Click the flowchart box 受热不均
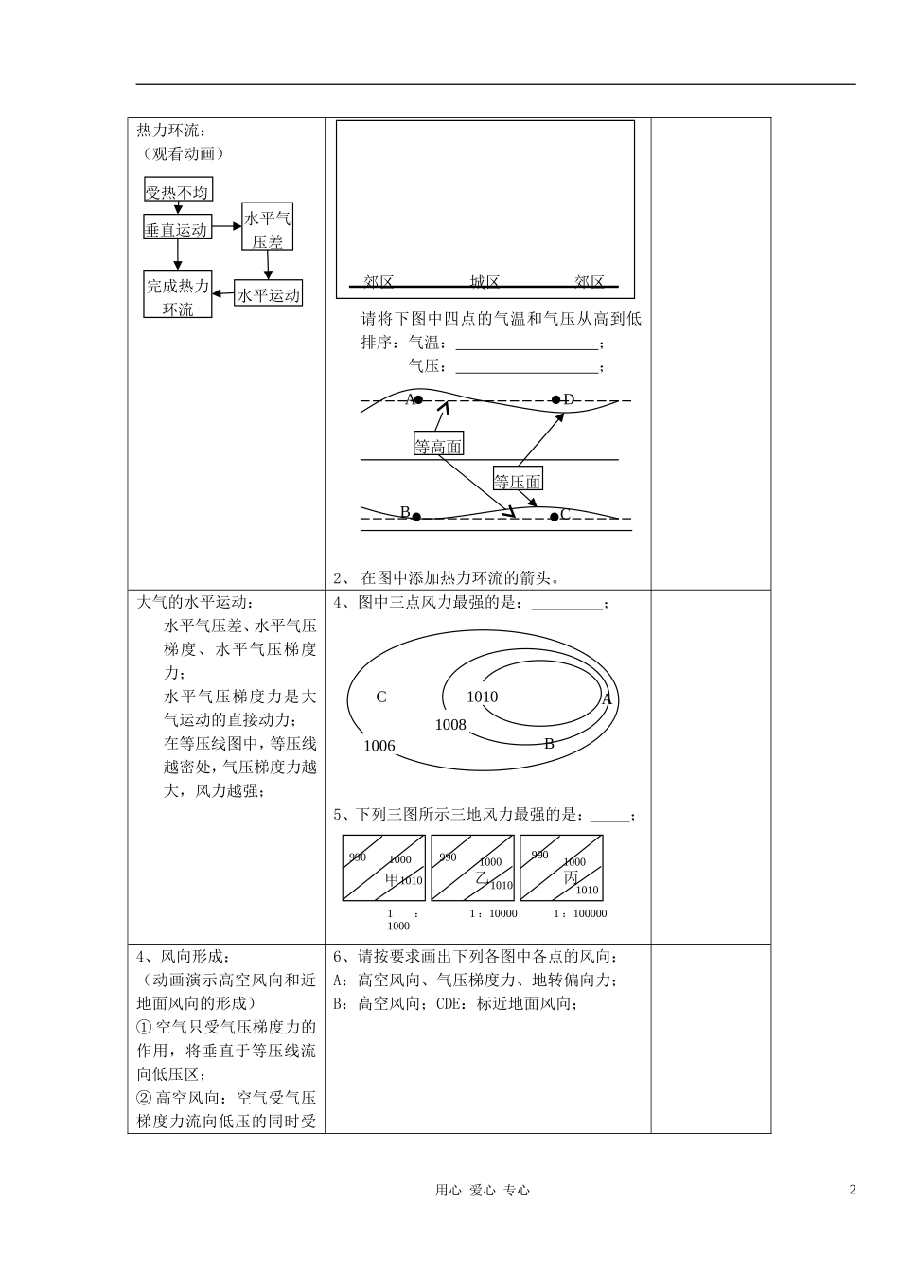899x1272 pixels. [x=177, y=192]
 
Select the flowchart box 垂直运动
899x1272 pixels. [x=176, y=229]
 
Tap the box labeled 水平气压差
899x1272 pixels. [x=268, y=229]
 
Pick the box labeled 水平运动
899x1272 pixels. [x=268, y=295]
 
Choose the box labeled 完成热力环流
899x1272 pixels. [x=177, y=296]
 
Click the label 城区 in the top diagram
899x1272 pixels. [x=485, y=281]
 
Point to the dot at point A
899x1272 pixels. [x=418, y=400]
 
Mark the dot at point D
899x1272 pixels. [x=556, y=400]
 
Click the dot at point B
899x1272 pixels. [x=415, y=517]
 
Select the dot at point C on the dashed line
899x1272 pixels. [x=555, y=517]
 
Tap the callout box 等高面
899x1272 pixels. [x=438, y=447]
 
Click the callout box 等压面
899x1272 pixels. [x=518, y=481]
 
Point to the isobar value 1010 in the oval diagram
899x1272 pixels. [x=482, y=698]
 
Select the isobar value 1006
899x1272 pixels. [x=379, y=747]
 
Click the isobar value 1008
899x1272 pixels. [x=450, y=725]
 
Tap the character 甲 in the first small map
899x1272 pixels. [x=392, y=878]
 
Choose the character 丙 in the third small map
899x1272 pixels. [x=571, y=877]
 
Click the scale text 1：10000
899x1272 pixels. [x=493, y=914]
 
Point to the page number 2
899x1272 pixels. [x=852, y=1190]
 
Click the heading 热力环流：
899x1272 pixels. [x=171, y=131]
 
